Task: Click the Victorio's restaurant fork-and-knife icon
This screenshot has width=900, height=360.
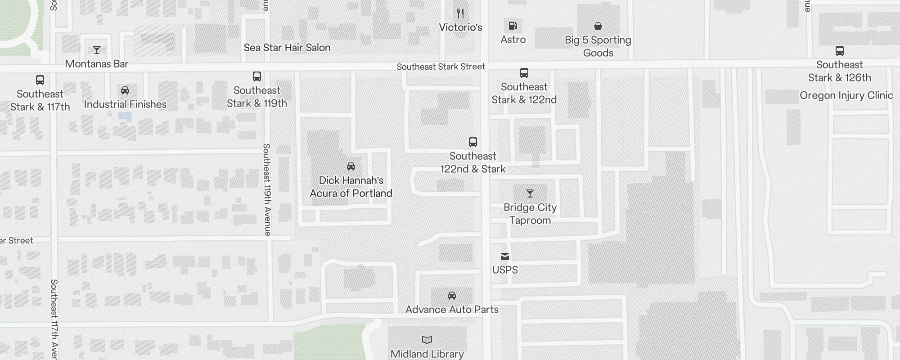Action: pyautogui.click(x=460, y=13)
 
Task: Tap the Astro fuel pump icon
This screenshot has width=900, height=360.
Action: pyautogui.click(x=513, y=26)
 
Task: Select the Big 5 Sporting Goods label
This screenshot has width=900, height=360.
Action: pyautogui.click(x=598, y=46)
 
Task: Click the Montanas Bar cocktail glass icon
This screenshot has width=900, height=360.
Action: pyautogui.click(x=97, y=50)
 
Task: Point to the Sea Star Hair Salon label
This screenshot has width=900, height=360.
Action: pyautogui.click(x=287, y=48)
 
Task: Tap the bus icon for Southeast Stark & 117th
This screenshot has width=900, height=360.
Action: pyautogui.click(x=40, y=80)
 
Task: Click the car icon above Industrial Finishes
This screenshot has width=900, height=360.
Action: pyautogui.click(x=125, y=90)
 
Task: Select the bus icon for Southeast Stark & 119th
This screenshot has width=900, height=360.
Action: pyautogui.click(x=257, y=76)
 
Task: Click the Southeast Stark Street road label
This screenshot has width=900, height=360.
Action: pyautogui.click(x=441, y=67)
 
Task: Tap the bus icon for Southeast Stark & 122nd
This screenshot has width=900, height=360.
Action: pyautogui.click(x=524, y=73)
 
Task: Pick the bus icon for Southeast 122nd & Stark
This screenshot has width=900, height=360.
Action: pyautogui.click(x=473, y=142)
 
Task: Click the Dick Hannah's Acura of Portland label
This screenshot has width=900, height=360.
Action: pyautogui.click(x=351, y=187)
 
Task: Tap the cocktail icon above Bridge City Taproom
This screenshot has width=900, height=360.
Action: pyautogui.click(x=530, y=193)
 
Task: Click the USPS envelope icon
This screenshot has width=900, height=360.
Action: pyautogui.click(x=505, y=256)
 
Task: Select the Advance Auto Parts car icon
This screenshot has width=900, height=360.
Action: pyautogui.click(x=452, y=296)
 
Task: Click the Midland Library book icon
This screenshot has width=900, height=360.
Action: pyautogui.click(x=427, y=340)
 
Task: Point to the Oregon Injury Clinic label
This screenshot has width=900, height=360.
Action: pyautogui.click(x=846, y=95)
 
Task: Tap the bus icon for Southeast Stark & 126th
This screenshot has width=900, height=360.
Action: pyautogui.click(x=840, y=51)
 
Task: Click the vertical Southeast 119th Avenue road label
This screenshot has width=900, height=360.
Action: pyautogui.click(x=267, y=189)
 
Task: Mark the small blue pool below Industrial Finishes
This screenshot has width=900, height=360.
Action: pyautogui.click(x=125, y=117)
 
